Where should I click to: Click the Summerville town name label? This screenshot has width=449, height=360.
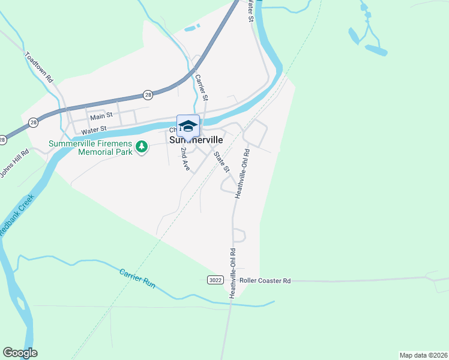tap(196, 140)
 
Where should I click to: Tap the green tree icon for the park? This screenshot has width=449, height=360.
tap(142, 146)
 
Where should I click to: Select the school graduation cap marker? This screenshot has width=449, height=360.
tap(188, 125)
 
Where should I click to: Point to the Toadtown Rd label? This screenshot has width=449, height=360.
tap(40, 67)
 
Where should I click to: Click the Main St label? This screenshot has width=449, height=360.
tap(101, 118)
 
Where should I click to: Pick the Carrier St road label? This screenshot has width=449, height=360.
tap(202, 87)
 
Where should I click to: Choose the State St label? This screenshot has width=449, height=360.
tap(222, 160)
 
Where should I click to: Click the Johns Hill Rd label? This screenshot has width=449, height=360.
tap(14, 163)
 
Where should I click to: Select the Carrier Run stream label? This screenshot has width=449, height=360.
tap(137, 278)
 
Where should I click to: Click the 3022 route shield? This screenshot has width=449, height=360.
tap(215, 280)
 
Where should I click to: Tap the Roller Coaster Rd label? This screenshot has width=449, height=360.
tap(265, 280)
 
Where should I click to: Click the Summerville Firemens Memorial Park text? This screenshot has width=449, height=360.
tap(90, 148)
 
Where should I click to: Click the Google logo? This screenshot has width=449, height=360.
tap(20, 353)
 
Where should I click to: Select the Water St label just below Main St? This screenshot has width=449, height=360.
tap(94, 129)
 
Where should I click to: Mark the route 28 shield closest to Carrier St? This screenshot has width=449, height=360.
tap(148, 94)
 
